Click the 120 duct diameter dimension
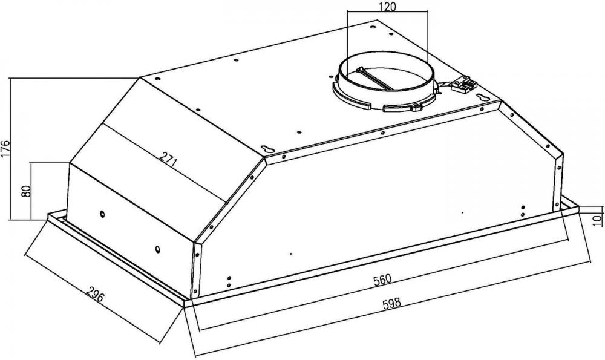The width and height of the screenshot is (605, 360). click(x=387, y=7)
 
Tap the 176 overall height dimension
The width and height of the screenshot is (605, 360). click(x=5, y=149)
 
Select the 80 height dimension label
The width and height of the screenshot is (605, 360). click(x=26, y=191)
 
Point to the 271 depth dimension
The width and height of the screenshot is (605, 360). click(x=169, y=159)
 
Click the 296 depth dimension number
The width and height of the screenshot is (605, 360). click(x=95, y=295)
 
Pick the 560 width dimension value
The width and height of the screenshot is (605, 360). click(x=382, y=280)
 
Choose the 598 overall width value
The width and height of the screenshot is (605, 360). click(x=391, y=303)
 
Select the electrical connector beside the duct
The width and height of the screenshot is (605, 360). click(x=464, y=85)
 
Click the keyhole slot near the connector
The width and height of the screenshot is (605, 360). click(x=482, y=97)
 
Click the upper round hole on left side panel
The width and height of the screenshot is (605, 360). click(x=102, y=214)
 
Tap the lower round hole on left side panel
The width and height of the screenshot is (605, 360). click(x=157, y=249)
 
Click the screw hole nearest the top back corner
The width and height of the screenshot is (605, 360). click(x=373, y=27)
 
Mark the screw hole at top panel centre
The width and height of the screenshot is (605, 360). click(x=299, y=133)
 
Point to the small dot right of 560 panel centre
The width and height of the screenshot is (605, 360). click(x=463, y=212)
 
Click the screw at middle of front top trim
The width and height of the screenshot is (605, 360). click(x=382, y=133)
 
